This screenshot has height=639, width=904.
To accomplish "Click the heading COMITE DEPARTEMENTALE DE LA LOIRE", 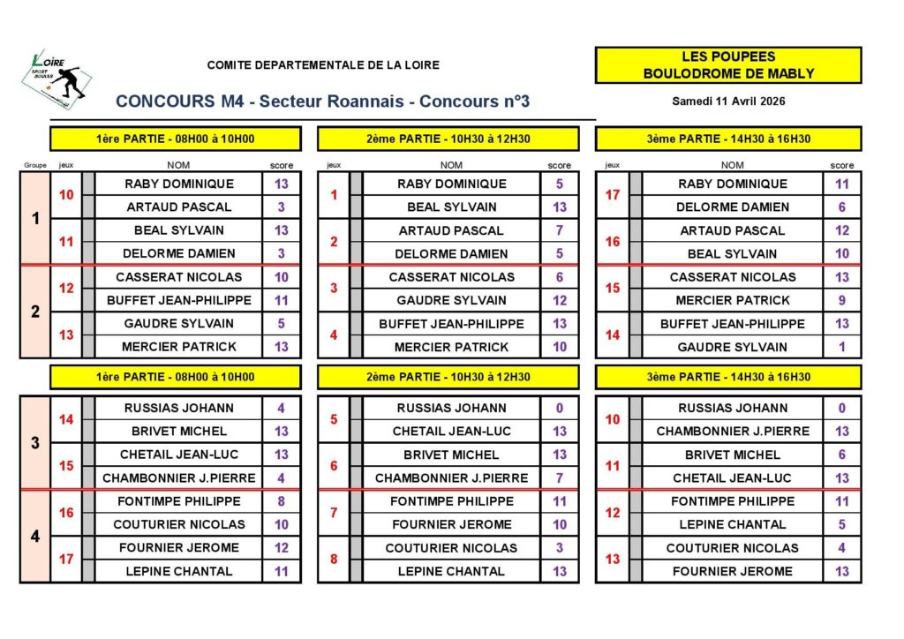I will click(323, 64).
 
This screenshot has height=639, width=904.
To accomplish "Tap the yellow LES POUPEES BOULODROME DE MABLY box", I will click(727, 65).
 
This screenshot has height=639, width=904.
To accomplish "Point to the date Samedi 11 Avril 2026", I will click(728, 101).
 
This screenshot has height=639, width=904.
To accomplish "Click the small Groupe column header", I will click(34, 165).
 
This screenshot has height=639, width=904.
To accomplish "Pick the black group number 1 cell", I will click(35, 218).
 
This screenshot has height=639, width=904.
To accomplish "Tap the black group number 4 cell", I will click(35, 536).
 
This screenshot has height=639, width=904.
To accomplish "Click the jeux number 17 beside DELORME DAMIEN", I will click(613, 195).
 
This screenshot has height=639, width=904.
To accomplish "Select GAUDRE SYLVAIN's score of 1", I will click(842, 347).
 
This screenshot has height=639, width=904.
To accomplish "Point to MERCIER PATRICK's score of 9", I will click(842, 300).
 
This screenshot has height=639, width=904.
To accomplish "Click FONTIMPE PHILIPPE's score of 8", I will click(281, 501).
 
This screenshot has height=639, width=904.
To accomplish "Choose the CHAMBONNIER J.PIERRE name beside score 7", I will click(451, 478).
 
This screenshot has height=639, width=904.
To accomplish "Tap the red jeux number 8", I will click(334, 560).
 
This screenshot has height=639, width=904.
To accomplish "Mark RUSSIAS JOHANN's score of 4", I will click(281, 408).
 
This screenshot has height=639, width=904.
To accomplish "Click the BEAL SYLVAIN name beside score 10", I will click(732, 253).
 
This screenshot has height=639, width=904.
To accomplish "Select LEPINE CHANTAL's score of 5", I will click(842, 524).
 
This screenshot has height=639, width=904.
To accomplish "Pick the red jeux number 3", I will click(334, 289).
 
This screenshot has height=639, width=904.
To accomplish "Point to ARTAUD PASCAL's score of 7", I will click(560, 230).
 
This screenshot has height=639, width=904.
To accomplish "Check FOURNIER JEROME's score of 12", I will click(281, 547).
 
